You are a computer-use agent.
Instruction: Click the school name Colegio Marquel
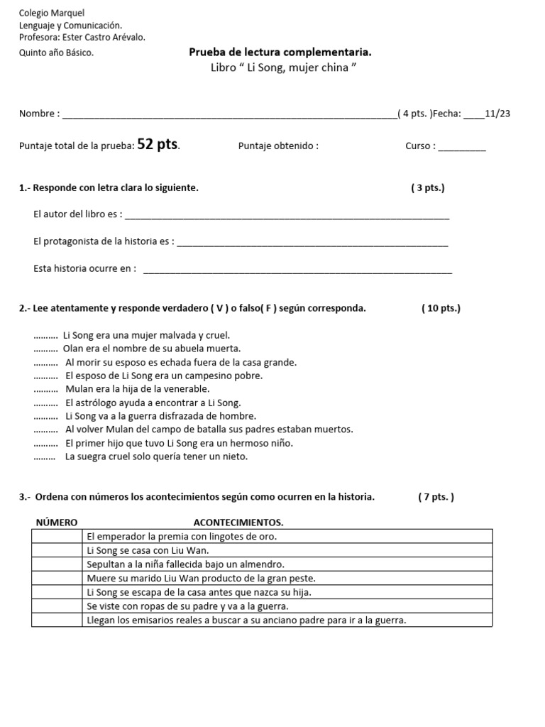click(x=51, y=13)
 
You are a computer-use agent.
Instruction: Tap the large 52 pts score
click(x=158, y=145)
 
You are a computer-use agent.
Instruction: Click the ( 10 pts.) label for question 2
click(x=441, y=308)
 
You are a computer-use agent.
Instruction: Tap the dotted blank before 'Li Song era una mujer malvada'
click(x=45, y=336)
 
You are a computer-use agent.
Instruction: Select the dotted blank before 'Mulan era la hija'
click(x=45, y=390)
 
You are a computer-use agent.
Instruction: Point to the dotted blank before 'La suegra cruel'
click(x=45, y=457)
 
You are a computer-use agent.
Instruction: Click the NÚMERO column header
click(x=57, y=523)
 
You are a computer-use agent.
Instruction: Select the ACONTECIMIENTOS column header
click(x=238, y=523)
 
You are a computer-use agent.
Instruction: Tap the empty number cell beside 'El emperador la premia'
click(x=57, y=536)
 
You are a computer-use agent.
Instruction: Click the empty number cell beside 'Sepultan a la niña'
click(x=57, y=564)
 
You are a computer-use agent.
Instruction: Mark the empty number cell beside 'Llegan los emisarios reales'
click(x=57, y=620)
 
